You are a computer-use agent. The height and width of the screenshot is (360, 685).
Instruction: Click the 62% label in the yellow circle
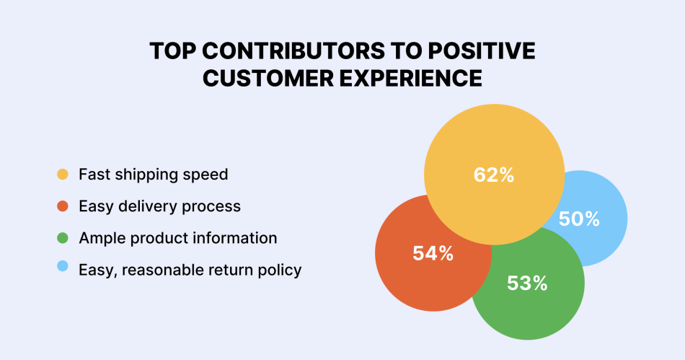coord(493,175)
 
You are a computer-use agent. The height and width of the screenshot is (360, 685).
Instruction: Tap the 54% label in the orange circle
coord(433,253)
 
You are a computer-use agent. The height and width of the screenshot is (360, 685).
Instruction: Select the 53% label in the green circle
coord(527,284)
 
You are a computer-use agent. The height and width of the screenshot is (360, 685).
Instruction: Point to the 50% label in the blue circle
coord(579,219)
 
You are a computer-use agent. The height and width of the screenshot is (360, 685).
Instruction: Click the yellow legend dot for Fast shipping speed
coord(63,175)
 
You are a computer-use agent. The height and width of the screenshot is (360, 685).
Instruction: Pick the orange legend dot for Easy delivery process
coord(63,206)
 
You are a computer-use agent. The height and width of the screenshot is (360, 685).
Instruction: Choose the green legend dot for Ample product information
coord(63,238)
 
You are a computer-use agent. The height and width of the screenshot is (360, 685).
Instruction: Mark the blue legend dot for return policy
coord(63,270)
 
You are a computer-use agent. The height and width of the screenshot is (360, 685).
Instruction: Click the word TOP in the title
coord(172,52)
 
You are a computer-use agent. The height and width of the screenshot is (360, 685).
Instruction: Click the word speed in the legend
coord(207,175)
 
